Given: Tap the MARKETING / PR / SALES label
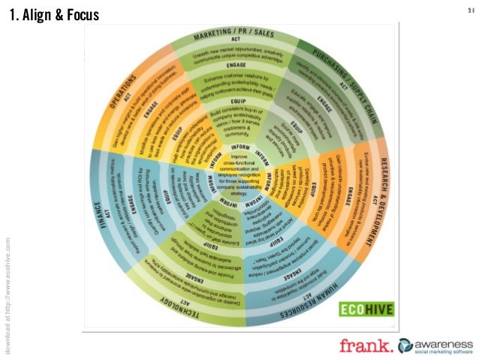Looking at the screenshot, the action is tap(233, 35).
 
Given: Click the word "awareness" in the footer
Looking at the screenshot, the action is tap(439, 340).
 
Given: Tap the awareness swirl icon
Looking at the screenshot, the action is tap(405, 344).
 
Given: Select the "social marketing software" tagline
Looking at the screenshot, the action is tap(439, 350).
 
